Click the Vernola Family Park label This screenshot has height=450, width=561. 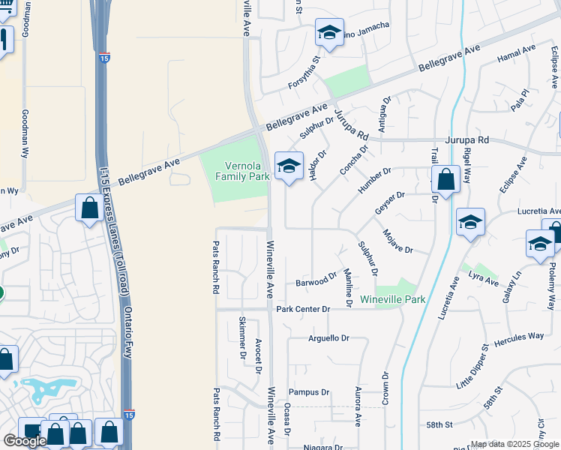coord(241,172)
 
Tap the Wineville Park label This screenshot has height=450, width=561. coord(392,299)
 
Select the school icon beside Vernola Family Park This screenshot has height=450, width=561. coord(289,166)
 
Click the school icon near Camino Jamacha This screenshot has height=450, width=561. coord(328,32)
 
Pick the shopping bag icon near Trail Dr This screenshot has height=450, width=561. coord(445,180)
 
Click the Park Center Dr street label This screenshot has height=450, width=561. coord(303,309)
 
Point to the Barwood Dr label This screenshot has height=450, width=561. coord(316,281)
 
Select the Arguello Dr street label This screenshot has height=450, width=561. coord(329,338)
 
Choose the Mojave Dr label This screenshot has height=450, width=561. coord(397,242)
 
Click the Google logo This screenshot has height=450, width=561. coord(25,441)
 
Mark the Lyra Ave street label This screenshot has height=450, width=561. coord(484,280)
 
